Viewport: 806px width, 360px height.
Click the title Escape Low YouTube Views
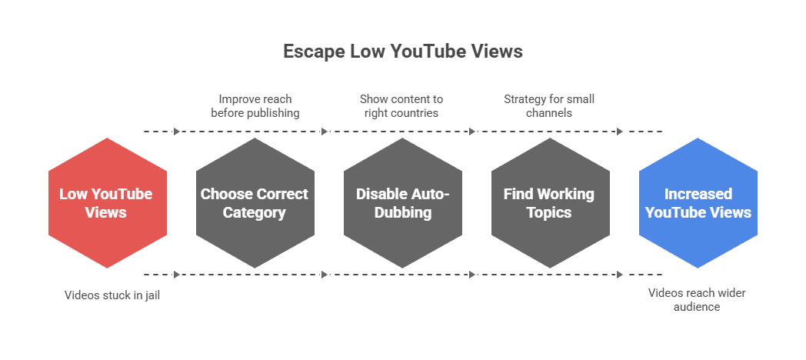tap(402, 52)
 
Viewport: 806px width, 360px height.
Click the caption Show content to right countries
tap(401, 106)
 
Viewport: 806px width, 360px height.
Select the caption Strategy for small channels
tap(549, 106)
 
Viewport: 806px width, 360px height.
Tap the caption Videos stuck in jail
tap(112, 295)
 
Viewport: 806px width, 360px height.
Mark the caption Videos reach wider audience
tap(697, 299)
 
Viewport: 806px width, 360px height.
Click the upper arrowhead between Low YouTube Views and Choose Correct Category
tap(178, 132)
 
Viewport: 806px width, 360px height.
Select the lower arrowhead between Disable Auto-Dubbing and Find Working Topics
tap(472, 274)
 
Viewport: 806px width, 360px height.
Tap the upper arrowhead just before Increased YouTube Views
tap(620, 132)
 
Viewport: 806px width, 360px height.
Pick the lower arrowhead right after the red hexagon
tap(178, 274)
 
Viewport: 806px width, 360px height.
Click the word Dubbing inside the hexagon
tap(402, 212)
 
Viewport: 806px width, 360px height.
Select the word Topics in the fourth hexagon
tap(549, 212)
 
